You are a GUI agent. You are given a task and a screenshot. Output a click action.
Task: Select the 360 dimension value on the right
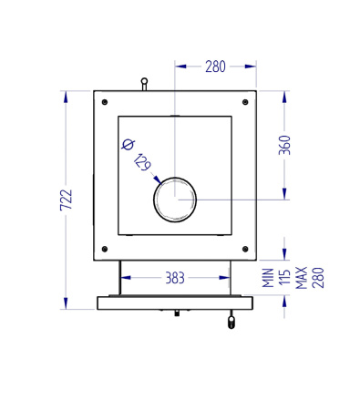point(284,146)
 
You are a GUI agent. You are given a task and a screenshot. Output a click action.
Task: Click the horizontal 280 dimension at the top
point(215,66)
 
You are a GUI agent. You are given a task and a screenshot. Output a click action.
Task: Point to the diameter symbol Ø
point(127,144)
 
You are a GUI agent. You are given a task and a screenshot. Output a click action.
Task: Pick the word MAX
point(301,278)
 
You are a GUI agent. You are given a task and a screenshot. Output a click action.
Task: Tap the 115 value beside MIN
point(284,278)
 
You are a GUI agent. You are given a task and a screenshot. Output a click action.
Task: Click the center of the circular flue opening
point(174,199)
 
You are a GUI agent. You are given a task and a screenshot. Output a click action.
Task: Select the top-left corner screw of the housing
point(106,100)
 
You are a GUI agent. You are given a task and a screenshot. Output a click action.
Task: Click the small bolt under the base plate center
point(174,313)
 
